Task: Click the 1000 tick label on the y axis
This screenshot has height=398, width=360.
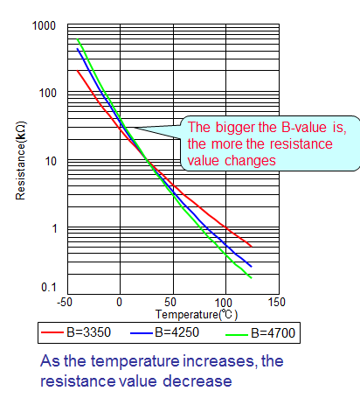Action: (x=44, y=27)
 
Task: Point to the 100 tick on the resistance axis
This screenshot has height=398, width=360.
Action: (x=47, y=94)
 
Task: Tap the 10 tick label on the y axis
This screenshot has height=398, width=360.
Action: (x=50, y=162)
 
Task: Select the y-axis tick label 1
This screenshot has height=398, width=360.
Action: (x=52, y=229)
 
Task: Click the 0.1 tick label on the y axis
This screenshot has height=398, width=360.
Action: (x=47, y=288)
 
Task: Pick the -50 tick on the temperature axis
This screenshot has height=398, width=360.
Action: (x=64, y=302)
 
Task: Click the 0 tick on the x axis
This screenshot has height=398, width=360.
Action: (x=120, y=302)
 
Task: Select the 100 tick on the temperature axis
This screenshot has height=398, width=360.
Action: (x=225, y=302)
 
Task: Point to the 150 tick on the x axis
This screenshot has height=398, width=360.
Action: (x=277, y=302)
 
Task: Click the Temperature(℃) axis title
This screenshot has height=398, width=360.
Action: (x=197, y=313)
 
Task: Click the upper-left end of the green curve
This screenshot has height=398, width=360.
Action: (x=78, y=39)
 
